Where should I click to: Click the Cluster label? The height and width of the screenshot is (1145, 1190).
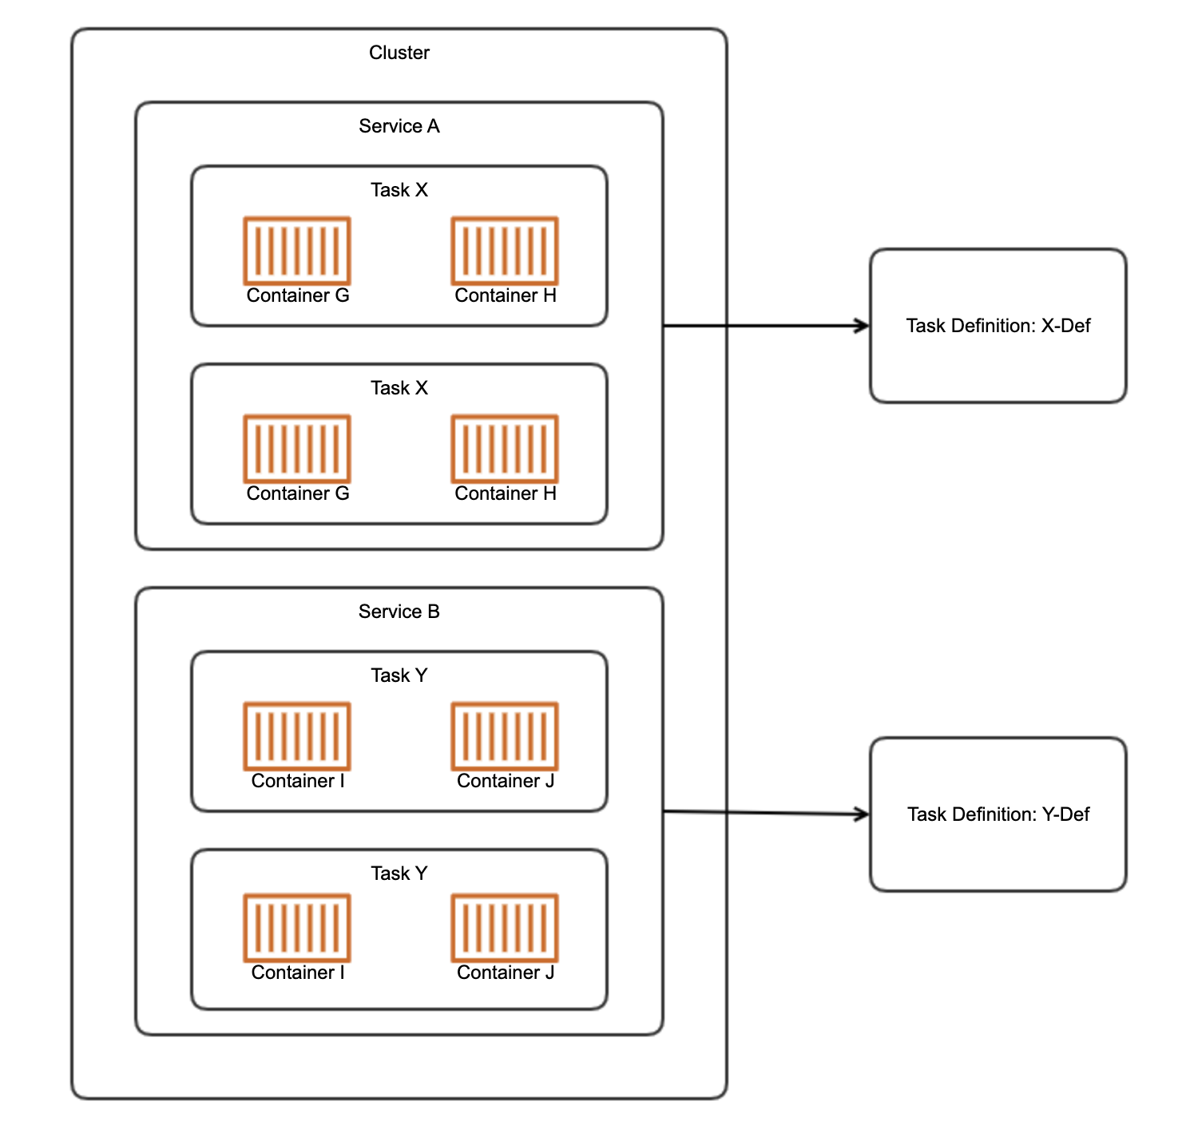click(x=399, y=53)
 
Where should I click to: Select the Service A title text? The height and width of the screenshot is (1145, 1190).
click(x=399, y=126)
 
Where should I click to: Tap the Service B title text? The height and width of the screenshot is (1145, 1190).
click(x=399, y=612)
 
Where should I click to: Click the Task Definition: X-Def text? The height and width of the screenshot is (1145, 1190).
click(x=998, y=326)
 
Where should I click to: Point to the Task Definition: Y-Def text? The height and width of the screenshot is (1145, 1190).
click(x=998, y=814)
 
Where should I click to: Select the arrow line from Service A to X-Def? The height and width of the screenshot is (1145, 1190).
click(x=766, y=326)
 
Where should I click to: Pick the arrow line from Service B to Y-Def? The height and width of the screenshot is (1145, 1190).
click(x=766, y=813)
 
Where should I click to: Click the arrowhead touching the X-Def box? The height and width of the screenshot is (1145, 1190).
click(x=863, y=326)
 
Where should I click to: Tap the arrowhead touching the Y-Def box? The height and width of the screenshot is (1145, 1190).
click(x=863, y=814)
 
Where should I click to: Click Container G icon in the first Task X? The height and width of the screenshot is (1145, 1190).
click(x=297, y=251)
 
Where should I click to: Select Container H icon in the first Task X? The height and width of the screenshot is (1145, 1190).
click(x=505, y=251)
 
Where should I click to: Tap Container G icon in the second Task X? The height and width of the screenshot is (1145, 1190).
click(x=297, y=449)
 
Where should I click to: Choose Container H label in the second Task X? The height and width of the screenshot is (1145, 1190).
click(x=506, y=493)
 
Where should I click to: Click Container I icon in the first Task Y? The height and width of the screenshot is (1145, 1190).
click(x=297, y=736)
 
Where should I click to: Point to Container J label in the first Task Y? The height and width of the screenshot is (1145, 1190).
click(x=506, y=781)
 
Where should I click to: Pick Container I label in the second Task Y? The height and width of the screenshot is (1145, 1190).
click(x=298, y=973)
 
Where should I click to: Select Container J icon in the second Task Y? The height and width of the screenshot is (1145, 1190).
click(x=505, y=928)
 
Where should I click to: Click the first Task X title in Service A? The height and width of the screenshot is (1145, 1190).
click(x=399, y=190)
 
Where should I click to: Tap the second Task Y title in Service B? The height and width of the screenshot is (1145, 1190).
click(x=399, y=874)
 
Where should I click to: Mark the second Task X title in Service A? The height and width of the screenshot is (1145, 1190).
click(x=399, y=388)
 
